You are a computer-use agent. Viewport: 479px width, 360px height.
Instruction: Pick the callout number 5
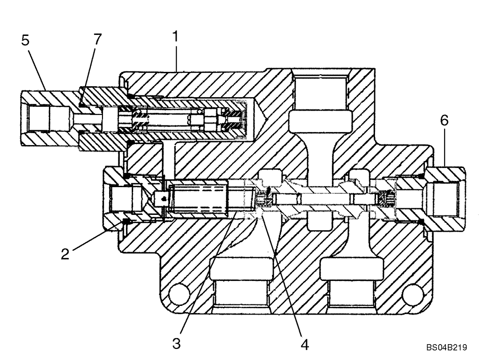[x=25, y=41]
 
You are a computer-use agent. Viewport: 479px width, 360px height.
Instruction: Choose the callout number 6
[x=445, y=121]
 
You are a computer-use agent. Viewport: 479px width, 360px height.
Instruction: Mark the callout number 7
[x=98, y=39]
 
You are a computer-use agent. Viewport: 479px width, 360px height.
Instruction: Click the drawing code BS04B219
[x=450, y=349]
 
